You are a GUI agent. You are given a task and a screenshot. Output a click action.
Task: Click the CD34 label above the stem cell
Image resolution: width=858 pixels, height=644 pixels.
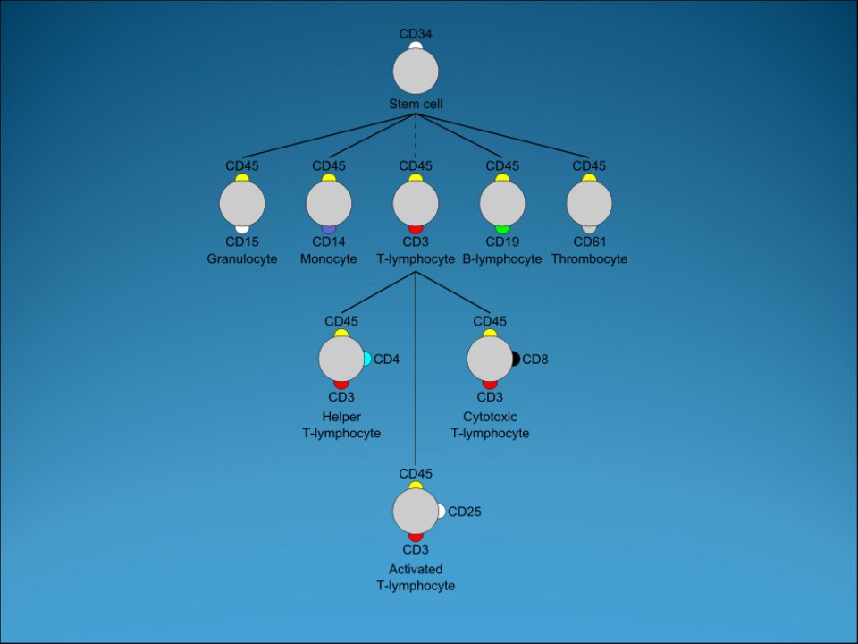pos(416,33)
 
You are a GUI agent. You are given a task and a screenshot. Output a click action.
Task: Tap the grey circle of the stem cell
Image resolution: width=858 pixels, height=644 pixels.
pos(416,72)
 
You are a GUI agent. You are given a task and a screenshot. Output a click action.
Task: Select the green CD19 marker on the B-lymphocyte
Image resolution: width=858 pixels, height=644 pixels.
pos(501,229)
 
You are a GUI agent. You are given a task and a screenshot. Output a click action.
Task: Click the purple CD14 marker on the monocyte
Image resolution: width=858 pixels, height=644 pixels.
pos(328,229)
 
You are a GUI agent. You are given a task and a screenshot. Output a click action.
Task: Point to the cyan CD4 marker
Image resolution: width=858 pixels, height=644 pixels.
pos(367,360)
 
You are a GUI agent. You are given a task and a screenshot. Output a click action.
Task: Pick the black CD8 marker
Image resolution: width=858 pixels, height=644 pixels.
pos(516,360)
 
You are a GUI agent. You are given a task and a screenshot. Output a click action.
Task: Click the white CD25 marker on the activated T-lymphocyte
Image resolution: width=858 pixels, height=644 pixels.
pos(441,512)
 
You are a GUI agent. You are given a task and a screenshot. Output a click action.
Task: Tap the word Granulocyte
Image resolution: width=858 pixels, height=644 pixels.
pos(242,259)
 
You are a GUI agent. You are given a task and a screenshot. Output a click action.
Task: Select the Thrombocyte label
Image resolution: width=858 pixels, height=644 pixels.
pos(589,259)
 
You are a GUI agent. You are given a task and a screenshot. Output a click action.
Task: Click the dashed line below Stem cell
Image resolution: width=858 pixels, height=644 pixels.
pos(416,137)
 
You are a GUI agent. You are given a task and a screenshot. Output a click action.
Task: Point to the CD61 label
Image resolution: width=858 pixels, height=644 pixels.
pos(589,241)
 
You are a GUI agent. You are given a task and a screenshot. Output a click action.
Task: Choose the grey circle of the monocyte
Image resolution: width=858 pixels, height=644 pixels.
pos(328,203)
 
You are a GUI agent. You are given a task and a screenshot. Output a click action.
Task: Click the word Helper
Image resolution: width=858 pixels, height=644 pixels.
pos(341,417)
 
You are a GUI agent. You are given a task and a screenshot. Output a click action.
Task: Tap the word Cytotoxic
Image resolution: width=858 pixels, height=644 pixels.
pos(490,417)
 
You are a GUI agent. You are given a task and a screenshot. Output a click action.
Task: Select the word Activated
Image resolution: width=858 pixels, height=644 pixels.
pos(416,569)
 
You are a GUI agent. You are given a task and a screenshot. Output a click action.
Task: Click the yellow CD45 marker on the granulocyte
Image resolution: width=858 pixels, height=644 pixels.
pos(242,177)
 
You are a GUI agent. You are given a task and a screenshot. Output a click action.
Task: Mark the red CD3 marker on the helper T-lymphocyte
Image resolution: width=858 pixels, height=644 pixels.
pos(341,385)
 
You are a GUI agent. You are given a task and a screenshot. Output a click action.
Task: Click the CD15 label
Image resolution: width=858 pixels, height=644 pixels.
pos(242,241)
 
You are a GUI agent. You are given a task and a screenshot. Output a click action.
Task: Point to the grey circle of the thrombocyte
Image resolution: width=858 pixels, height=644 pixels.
pos(589,203)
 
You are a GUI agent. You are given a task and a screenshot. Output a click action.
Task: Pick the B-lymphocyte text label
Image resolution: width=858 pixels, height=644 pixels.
pos(501,259)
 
